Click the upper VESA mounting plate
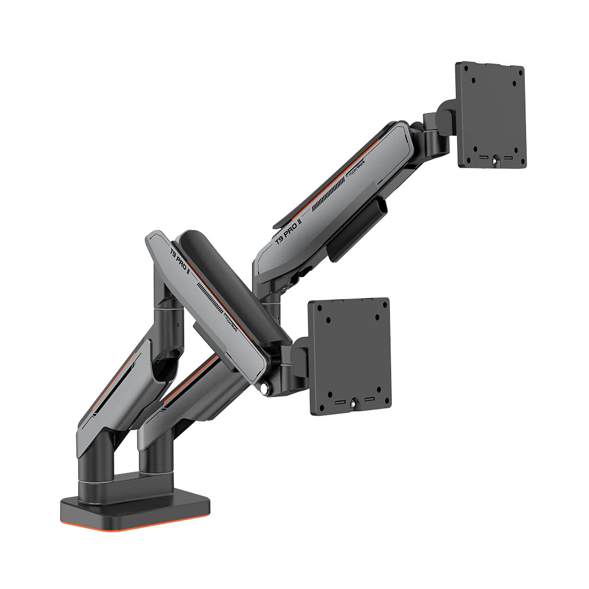(x=491, y=115)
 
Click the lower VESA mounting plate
(x=350, y=353)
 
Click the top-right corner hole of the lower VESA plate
(x=383, y=307)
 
